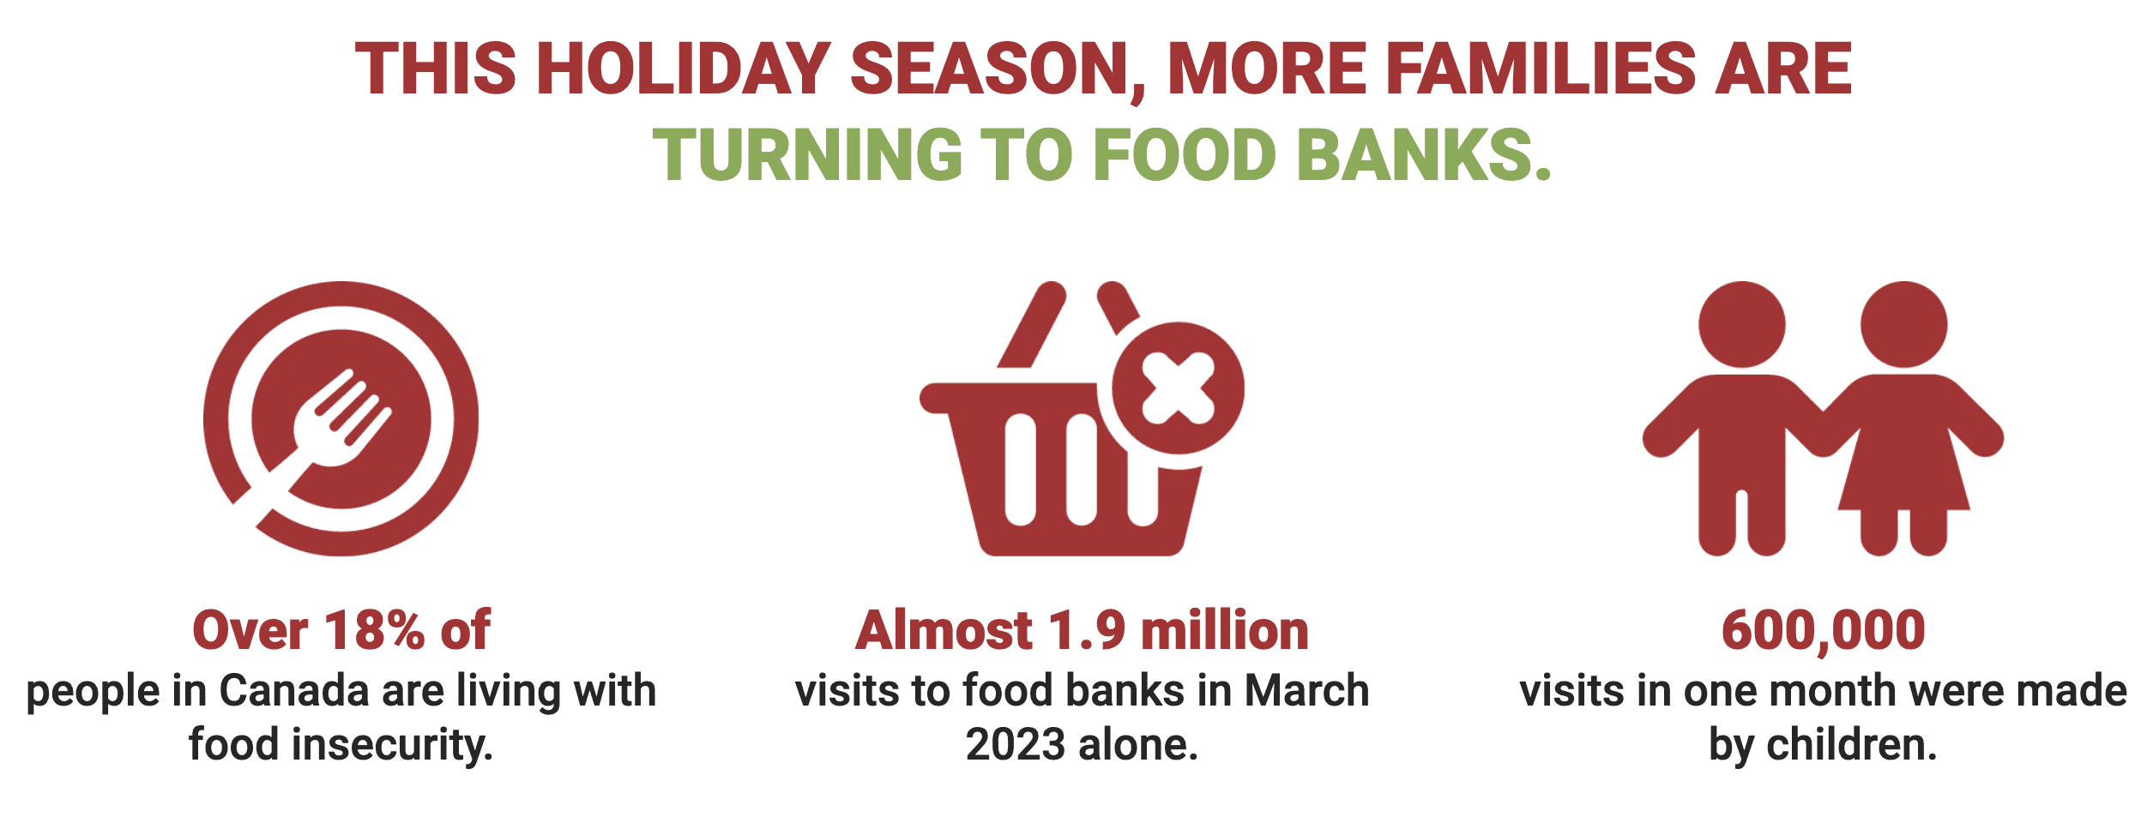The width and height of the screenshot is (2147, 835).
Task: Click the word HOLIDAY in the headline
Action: click(x=683, y=69)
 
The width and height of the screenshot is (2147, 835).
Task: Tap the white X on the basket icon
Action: click(x=1179, y=388)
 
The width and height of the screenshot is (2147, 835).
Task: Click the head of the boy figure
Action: click(x=1742, y=325)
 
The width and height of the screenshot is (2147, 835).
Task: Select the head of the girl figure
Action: click(x=1904, y=325)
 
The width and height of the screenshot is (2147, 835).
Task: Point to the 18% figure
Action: click(x=374, y=631)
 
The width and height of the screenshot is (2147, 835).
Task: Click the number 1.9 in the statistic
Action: click(x=1086, y=631)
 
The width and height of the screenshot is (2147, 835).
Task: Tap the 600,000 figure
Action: click(x=1824, y=631)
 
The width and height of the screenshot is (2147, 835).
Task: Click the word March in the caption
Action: click(x=1306, y=691)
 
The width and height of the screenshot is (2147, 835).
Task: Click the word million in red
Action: click(x=1225, y=631)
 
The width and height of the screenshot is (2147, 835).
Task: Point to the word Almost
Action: click(x=944, y=631)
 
